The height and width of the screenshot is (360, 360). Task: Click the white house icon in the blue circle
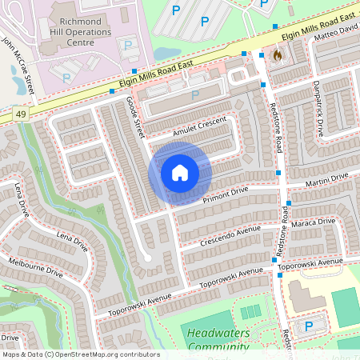tap(180, 173)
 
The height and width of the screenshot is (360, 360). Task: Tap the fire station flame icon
tap(278, 56)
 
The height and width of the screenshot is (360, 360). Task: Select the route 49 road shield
tap(19, 115)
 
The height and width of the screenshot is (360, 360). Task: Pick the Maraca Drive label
tap(316, 224)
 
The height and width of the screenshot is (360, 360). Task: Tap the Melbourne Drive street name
tap(34, 267)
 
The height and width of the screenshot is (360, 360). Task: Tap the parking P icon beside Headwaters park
tap(309, 326)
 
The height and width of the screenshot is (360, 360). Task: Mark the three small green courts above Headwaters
tap(250, 311)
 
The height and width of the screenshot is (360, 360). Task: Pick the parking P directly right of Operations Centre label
tap(126, 46)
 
